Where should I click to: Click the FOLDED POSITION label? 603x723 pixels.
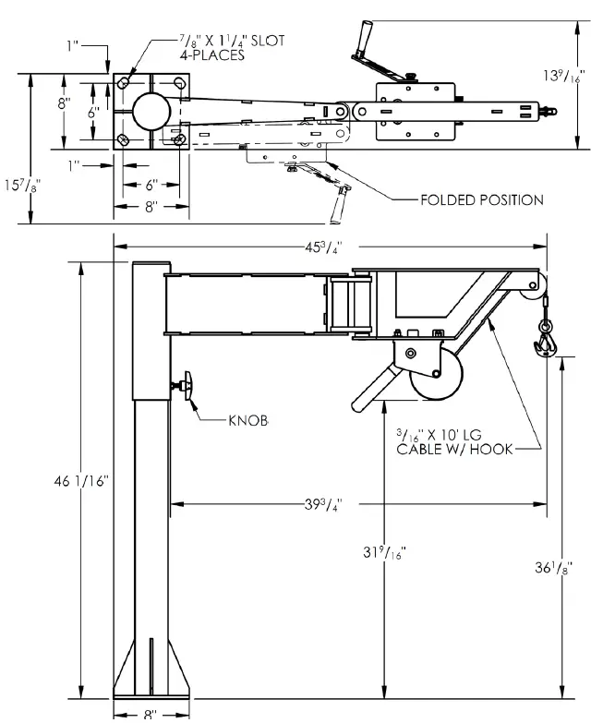pos(481,199)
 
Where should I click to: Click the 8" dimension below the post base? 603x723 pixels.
pos(151,714)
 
